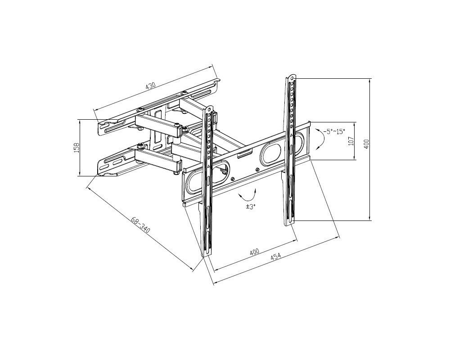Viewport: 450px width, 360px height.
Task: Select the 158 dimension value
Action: click(x=76, y=148)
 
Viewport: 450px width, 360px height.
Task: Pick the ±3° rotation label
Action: click(x=251, y=207)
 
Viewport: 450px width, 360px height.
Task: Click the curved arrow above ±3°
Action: click(x=247, y=195)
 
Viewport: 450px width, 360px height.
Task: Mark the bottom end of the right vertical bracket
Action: click(x=290, y=223)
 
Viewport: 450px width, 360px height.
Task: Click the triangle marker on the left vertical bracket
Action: click(x=209, y=166)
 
